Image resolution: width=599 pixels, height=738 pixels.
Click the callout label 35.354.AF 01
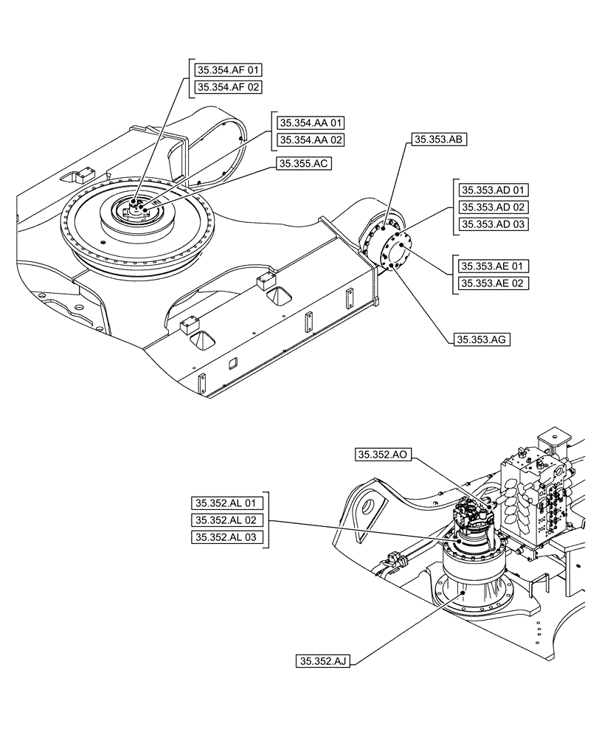point(228,71)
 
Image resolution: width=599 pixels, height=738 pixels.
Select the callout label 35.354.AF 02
point(228,88)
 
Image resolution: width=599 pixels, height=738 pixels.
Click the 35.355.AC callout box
point(303,165)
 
